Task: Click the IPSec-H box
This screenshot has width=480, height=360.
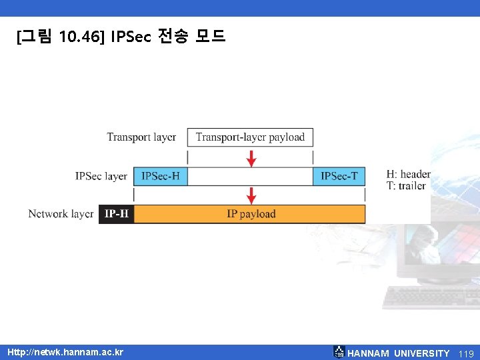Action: click(x=161, y=176)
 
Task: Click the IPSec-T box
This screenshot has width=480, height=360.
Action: click(x=339, y=176)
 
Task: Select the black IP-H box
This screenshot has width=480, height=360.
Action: click(x=117, y=214)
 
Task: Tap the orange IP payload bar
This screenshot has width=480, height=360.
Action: click(x=251, y=214)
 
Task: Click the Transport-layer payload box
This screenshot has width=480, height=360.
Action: click(x=250, y=137)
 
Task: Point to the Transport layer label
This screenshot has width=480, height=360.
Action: click(x=141, y=137)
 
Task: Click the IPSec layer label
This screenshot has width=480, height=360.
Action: click(x=101, y=176)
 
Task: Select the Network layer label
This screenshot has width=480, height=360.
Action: click(x=61, y=214)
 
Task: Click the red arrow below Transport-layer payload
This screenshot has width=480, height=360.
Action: click(x=251, y=159)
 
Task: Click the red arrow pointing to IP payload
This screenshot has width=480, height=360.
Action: click(x=251, y=195)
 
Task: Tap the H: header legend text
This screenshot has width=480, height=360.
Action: click(x=408, y=175)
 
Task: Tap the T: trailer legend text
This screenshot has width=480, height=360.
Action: click(x=405, y=186)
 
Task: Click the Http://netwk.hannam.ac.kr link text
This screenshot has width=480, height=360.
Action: click(x=65, y=352)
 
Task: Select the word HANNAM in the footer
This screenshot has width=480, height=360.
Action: click(x=369, y=353)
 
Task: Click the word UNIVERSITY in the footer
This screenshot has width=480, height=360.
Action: click(x=421, y=353)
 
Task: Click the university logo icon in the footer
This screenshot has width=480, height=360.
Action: click(x=339, y=352)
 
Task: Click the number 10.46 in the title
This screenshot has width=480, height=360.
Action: click(x=77, y=37)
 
